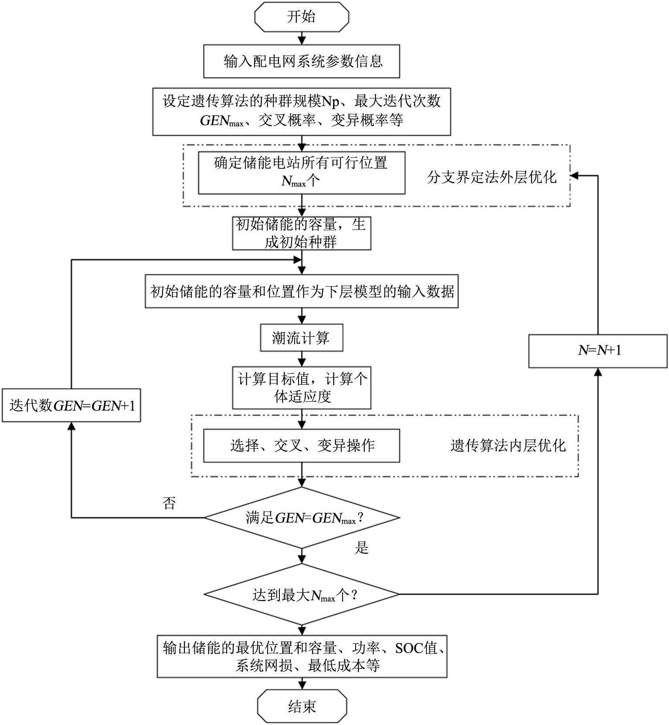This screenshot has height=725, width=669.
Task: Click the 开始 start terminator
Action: (x=302, y=17)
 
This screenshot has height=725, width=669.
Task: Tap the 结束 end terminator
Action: (x=302, y=706)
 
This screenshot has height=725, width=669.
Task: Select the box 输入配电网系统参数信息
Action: (x=302, y=62)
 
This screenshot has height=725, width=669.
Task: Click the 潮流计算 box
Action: (x=302, y=338)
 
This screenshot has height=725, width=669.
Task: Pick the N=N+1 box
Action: (x=598, y=351)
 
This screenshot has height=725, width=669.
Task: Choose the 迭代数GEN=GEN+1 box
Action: (x=71, y=406)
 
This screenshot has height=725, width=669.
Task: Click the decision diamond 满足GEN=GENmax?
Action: (x=302, y=518)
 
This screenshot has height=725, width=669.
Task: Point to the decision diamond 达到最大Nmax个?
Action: (x=302, y=595)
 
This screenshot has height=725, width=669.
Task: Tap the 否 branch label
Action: (x=169, y=503)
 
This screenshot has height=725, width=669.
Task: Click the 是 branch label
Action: (x=361, y=547)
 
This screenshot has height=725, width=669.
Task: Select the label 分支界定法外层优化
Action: (x=492, y=177)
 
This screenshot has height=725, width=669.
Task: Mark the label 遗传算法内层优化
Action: (x=508, y=445)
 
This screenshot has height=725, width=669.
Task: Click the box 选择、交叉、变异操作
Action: (x=302, y=445)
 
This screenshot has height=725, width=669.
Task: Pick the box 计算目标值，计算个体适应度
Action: (x=302, y=387)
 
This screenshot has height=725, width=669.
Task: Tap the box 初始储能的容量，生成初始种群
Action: (x=302, y=233)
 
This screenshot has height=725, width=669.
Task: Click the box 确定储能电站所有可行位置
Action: (x=302, y=172)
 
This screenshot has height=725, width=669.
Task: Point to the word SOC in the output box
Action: (x=409, y=648)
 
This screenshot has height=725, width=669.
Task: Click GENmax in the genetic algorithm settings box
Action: (x=221, y=120)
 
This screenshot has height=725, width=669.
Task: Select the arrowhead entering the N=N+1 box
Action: (x=598, y=372)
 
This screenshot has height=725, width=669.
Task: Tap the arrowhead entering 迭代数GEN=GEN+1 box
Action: (x=71, y=426)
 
